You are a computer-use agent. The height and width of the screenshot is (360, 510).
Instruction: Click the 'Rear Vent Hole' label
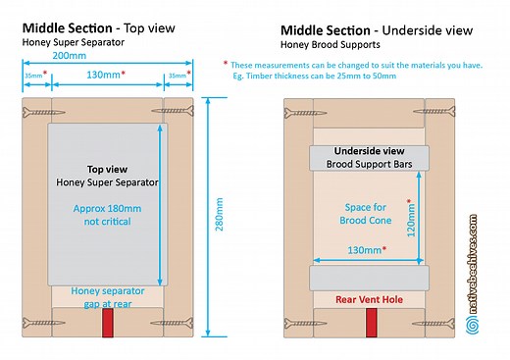coord(369,298)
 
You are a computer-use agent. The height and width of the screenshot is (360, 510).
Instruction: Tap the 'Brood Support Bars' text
coord(369,163)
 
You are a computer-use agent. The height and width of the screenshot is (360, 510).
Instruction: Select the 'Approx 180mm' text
coord(105,208)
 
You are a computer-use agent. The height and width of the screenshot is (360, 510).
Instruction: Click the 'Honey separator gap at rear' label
coord(105,297)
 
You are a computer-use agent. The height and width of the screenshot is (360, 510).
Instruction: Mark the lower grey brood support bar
coord(369,278)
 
